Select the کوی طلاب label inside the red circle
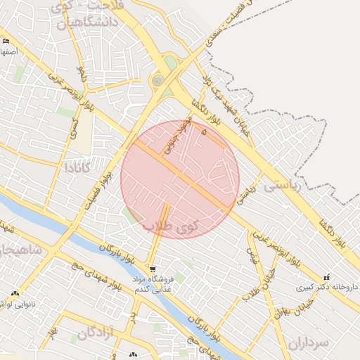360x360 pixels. (172, 226)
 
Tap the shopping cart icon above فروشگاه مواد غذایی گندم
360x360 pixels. (153, 269)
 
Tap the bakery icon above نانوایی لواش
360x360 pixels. (15, 293)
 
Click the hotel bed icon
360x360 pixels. (6, 42)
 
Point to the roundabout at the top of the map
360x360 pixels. (157, 80)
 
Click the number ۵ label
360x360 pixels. (204, 131)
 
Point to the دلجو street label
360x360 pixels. (81, 72)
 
